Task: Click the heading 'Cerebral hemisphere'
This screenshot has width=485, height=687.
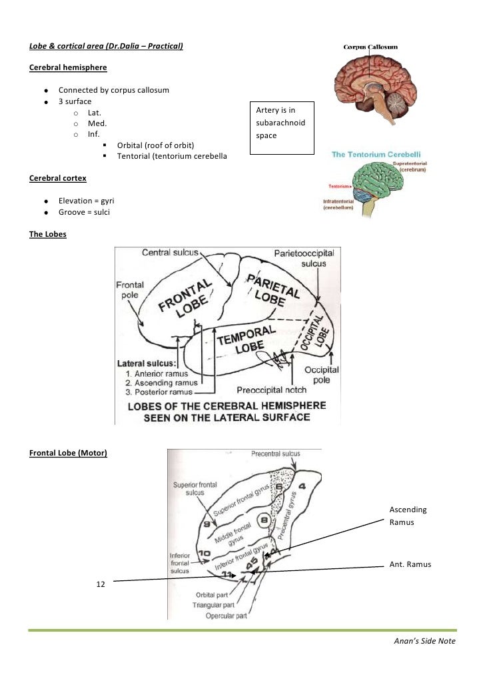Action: coord(68,68)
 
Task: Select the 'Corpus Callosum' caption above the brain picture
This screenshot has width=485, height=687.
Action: coord(370,47)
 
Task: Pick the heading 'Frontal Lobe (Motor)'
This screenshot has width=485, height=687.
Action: coord(69,454)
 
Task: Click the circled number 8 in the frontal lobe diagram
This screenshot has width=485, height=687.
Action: coord(264,518)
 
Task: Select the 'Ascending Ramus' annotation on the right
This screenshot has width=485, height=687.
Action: coord(408,516)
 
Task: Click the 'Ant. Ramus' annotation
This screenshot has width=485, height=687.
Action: coord(410,564)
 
